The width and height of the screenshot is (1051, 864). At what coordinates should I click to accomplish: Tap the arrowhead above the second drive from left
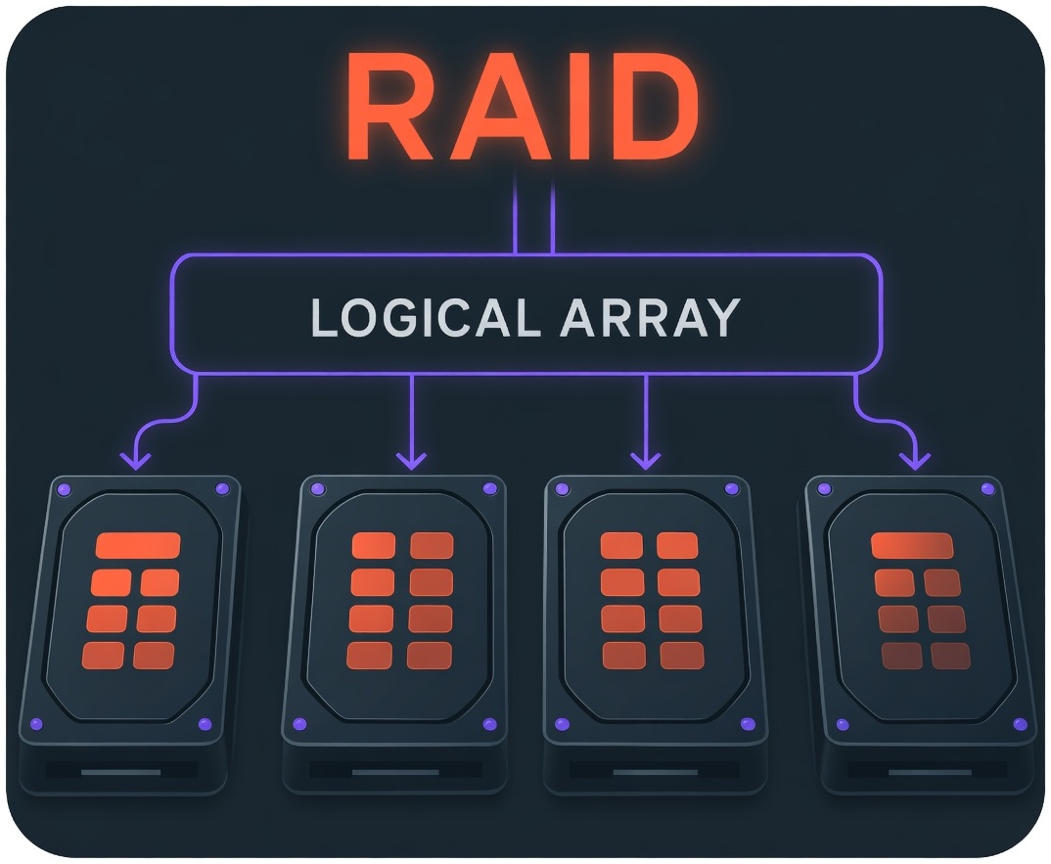(412, 459)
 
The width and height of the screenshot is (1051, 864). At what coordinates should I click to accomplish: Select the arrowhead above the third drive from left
(644, 459)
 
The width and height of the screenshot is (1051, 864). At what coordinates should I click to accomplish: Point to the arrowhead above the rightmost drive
(916, 459)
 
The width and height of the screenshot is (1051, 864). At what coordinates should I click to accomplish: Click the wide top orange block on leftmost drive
(137, 545)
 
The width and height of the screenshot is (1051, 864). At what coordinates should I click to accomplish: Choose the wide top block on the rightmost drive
(912, 545)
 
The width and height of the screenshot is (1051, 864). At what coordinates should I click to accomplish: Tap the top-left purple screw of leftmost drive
(65, 488)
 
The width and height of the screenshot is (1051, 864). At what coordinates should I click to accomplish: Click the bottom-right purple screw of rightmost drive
(1023, 725)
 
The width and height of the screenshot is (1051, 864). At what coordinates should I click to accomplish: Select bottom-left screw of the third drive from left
(561, 724)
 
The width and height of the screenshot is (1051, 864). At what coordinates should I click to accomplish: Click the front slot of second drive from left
(394, 772)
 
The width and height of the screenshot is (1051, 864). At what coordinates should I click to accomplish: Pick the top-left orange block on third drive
(620, 545)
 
